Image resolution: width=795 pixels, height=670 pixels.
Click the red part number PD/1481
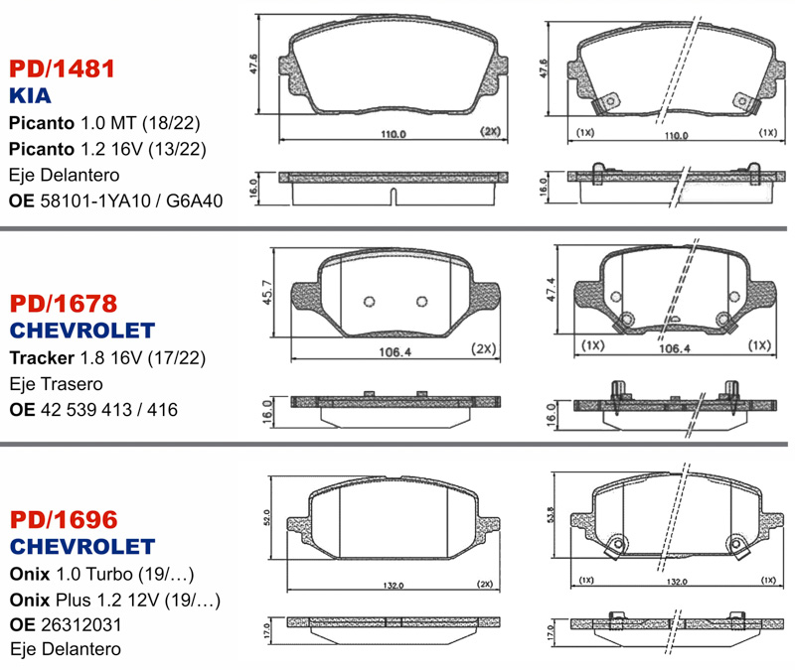pos(62,68)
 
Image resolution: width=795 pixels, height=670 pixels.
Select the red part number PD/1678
pos(64,304)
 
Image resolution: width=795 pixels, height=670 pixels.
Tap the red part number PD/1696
pos(64,519)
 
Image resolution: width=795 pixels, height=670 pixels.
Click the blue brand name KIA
pos(30,95)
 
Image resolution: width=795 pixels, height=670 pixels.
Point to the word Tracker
pos(42,357)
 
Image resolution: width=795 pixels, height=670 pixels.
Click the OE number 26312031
pos(81,624)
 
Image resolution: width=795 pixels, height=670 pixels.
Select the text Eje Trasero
pos(57,384)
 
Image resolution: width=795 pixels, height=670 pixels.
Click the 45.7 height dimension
pos(267,292)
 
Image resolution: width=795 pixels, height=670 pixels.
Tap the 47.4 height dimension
pos(551,289)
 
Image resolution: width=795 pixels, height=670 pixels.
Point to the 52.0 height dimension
pos(266,517)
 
